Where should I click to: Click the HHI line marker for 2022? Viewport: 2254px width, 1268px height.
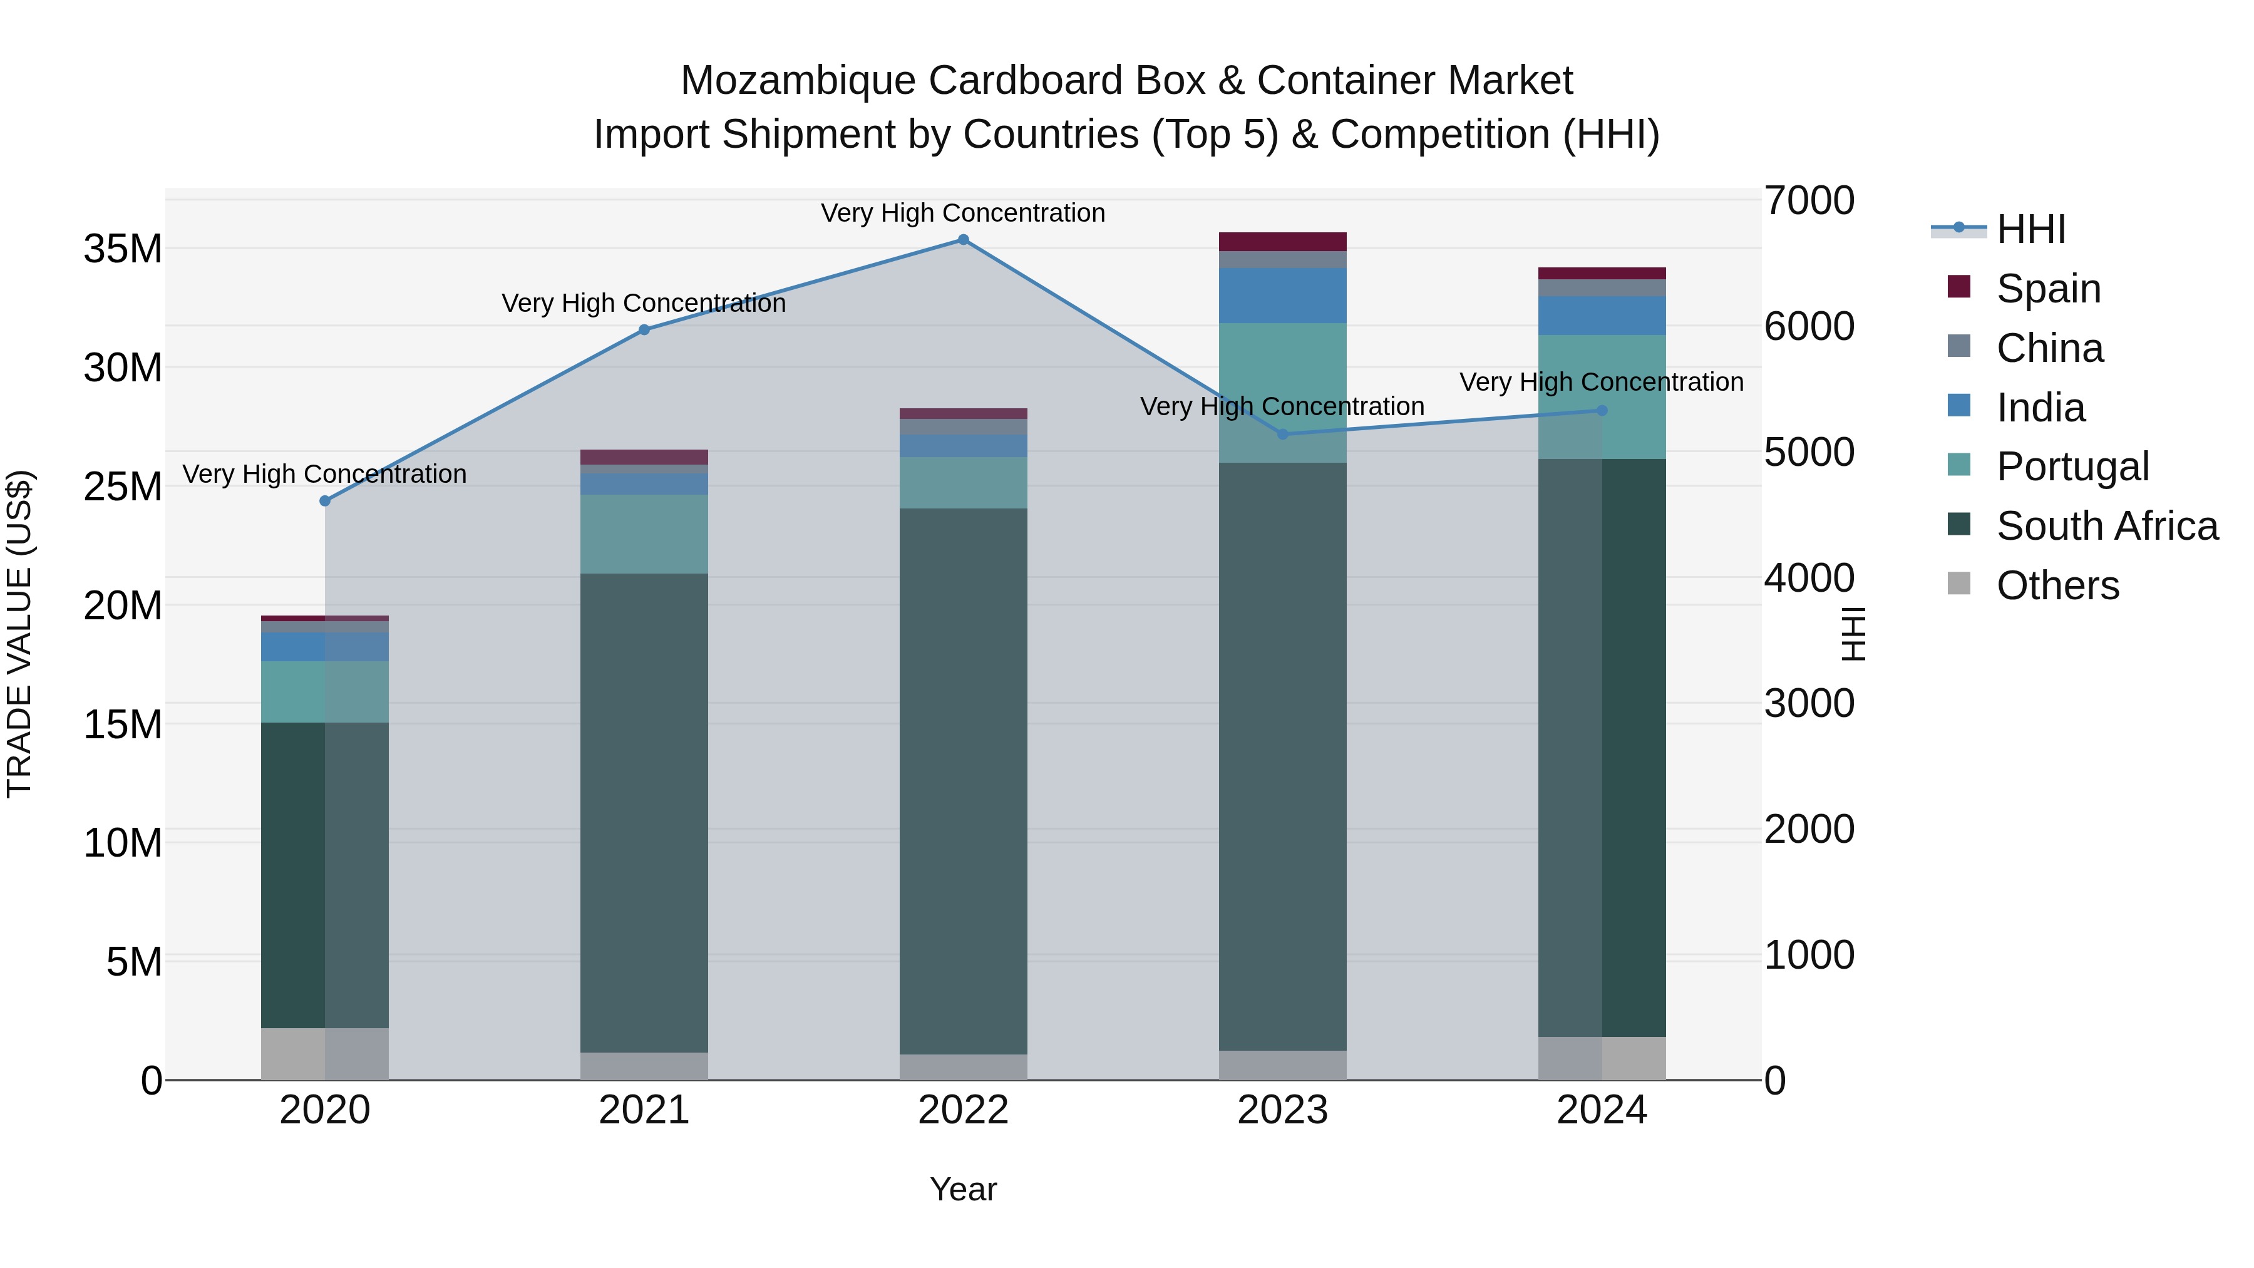point(964,240)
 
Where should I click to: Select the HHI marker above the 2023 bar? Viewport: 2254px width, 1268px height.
point(1283,434)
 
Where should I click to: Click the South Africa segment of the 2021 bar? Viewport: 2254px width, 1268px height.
point(644,814)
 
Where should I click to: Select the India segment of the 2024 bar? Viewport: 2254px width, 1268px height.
point(1602,316)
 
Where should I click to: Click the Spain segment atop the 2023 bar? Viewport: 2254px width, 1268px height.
point(1283,242)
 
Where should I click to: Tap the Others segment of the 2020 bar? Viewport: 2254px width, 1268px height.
point(324,1054)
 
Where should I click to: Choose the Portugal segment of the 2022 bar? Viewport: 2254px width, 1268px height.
point(964,483)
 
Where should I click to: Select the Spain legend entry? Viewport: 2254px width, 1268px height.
point(2047,288)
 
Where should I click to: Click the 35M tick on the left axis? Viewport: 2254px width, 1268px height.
point(123,249)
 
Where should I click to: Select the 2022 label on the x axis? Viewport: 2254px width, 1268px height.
point(964,1110)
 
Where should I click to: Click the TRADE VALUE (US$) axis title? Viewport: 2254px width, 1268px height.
point(19,634)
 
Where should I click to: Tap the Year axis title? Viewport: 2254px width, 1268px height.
point(964,1189)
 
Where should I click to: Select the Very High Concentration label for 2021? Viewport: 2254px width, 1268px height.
point(644,304)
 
